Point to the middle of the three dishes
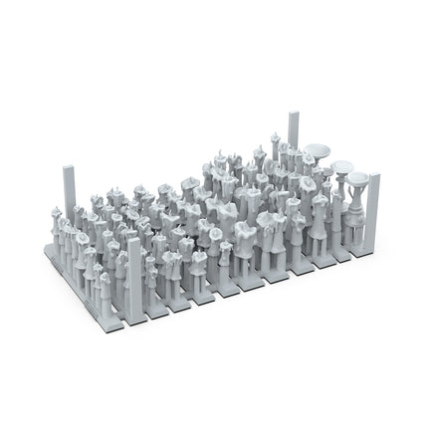click(x=344, y=165)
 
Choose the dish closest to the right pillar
click(x=357, y=178)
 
